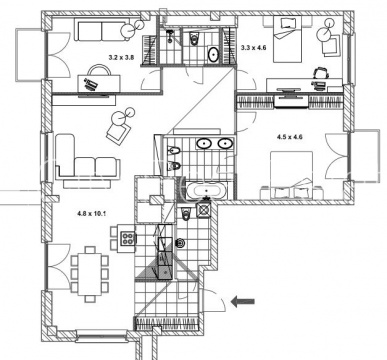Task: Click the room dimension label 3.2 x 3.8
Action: [x=121, y=57]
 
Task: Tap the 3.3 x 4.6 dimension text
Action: [x=253, y=48]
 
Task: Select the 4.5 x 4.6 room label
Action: [x=290, y=137]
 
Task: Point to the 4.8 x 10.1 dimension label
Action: [x=91, y=214]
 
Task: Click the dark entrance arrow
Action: [x=243, y=301]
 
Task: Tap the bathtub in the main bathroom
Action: [x=207, y=191]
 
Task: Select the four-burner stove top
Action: [x=128, y=239]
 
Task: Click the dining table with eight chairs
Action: [x=90, y=274]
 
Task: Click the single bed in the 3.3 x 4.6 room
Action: [x=287, y=39]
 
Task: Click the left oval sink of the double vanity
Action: [x=204, y=144]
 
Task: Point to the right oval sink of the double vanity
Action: [x=225, y=144]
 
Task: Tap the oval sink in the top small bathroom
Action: [x=213, y=54]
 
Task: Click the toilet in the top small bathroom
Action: [x=193, y=39]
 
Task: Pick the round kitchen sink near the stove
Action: [x=180, y=243]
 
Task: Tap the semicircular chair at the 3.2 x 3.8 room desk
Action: [x=99, y=69]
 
